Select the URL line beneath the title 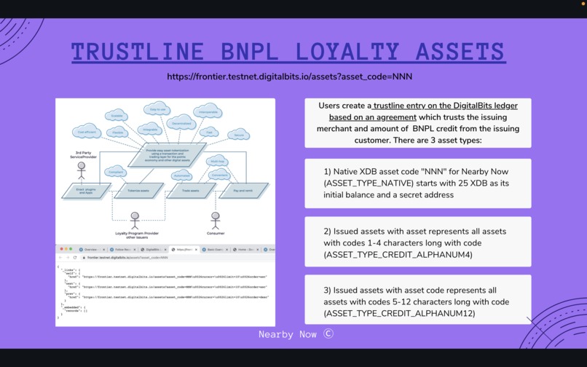289,76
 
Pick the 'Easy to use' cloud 157,110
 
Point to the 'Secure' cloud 238,135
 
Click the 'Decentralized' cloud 181,124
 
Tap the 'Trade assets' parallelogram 190,190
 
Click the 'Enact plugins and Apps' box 85,191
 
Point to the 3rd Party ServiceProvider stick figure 81,170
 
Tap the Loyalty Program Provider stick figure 135,219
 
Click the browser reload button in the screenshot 75,258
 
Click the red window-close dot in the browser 61,249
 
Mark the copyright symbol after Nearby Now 328,334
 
